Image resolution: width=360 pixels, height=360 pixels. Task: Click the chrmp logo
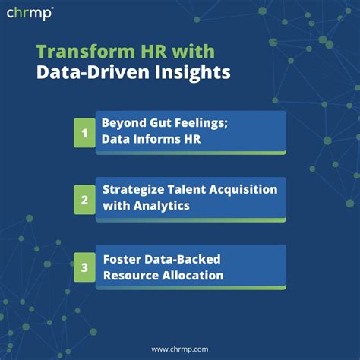click(x=30, y=14)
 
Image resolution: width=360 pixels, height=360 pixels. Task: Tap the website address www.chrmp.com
click(x=180, y=349)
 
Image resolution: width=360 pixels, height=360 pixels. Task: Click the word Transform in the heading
click(x=86, y=52)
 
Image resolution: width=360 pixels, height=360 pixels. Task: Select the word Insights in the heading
click(x=192, y=73)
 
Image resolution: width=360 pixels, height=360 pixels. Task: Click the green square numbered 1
click(x=84, y=133)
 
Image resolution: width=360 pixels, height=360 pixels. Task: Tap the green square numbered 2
click(x=84, y=200)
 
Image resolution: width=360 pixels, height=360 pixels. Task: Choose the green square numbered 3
click(x=84, y=267)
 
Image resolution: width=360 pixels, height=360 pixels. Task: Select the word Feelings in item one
click(x=201, y=124)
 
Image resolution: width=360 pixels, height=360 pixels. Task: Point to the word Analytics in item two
click(x=162, y=206)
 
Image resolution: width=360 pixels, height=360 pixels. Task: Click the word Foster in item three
click(x=122, y=260)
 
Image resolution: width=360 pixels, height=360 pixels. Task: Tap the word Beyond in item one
click(x=124, y=123)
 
